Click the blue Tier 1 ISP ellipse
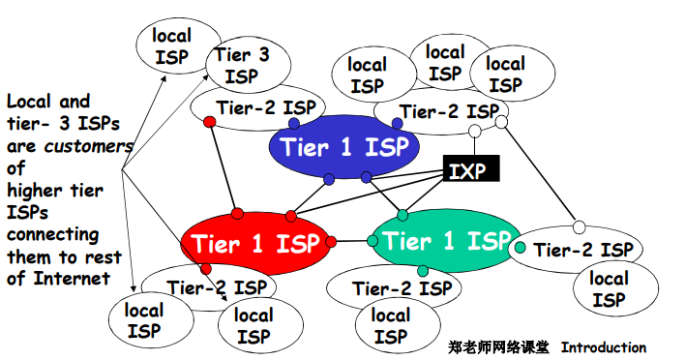tap(343, 147)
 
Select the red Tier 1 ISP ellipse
tap(253, 243)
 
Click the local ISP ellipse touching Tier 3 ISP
tap(172, 45)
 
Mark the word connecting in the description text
tap(52, 234)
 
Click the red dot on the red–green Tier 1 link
tap(331, 240)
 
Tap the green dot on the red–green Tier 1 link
tap(372, 240)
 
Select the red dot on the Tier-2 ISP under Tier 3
tap(209, 123)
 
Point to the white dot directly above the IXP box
tap(474, 131)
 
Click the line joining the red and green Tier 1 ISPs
tap(352, 240)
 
